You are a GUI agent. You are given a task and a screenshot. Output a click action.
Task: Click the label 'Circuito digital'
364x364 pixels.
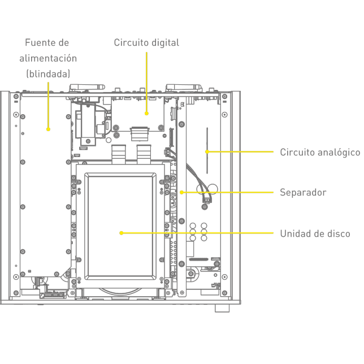click(146, 43)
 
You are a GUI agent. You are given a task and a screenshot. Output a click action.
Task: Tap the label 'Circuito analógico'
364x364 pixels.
click(320, 152)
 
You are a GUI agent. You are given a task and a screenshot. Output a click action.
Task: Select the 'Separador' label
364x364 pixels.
click(303, 193)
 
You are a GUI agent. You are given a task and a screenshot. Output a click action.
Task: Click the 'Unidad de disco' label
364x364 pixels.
click(315, 233)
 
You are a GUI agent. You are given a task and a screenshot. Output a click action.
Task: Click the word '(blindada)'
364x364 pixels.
click(48, 73)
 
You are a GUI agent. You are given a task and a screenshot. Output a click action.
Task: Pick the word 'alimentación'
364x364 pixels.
click(48, 58)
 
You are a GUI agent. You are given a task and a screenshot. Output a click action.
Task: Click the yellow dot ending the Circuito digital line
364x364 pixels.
click(146, 113)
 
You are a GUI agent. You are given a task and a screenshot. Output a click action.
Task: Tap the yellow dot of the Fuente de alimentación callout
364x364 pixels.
click(48, 129)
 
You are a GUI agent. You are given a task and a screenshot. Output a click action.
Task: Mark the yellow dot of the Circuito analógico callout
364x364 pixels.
click(207, 151)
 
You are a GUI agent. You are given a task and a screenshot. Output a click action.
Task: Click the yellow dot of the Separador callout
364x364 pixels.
click(181, 192)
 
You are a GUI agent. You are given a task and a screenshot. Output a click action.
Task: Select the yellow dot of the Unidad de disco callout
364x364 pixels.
click(122, 233)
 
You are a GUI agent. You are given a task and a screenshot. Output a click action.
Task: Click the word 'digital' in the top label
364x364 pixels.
click(165, 43)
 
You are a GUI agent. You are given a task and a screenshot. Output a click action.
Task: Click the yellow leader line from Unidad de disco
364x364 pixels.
click(198, 233)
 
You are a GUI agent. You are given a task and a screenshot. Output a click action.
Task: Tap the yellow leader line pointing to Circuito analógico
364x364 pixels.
click(240, 151)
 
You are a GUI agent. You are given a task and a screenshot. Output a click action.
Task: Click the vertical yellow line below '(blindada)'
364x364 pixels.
click(48, 105)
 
